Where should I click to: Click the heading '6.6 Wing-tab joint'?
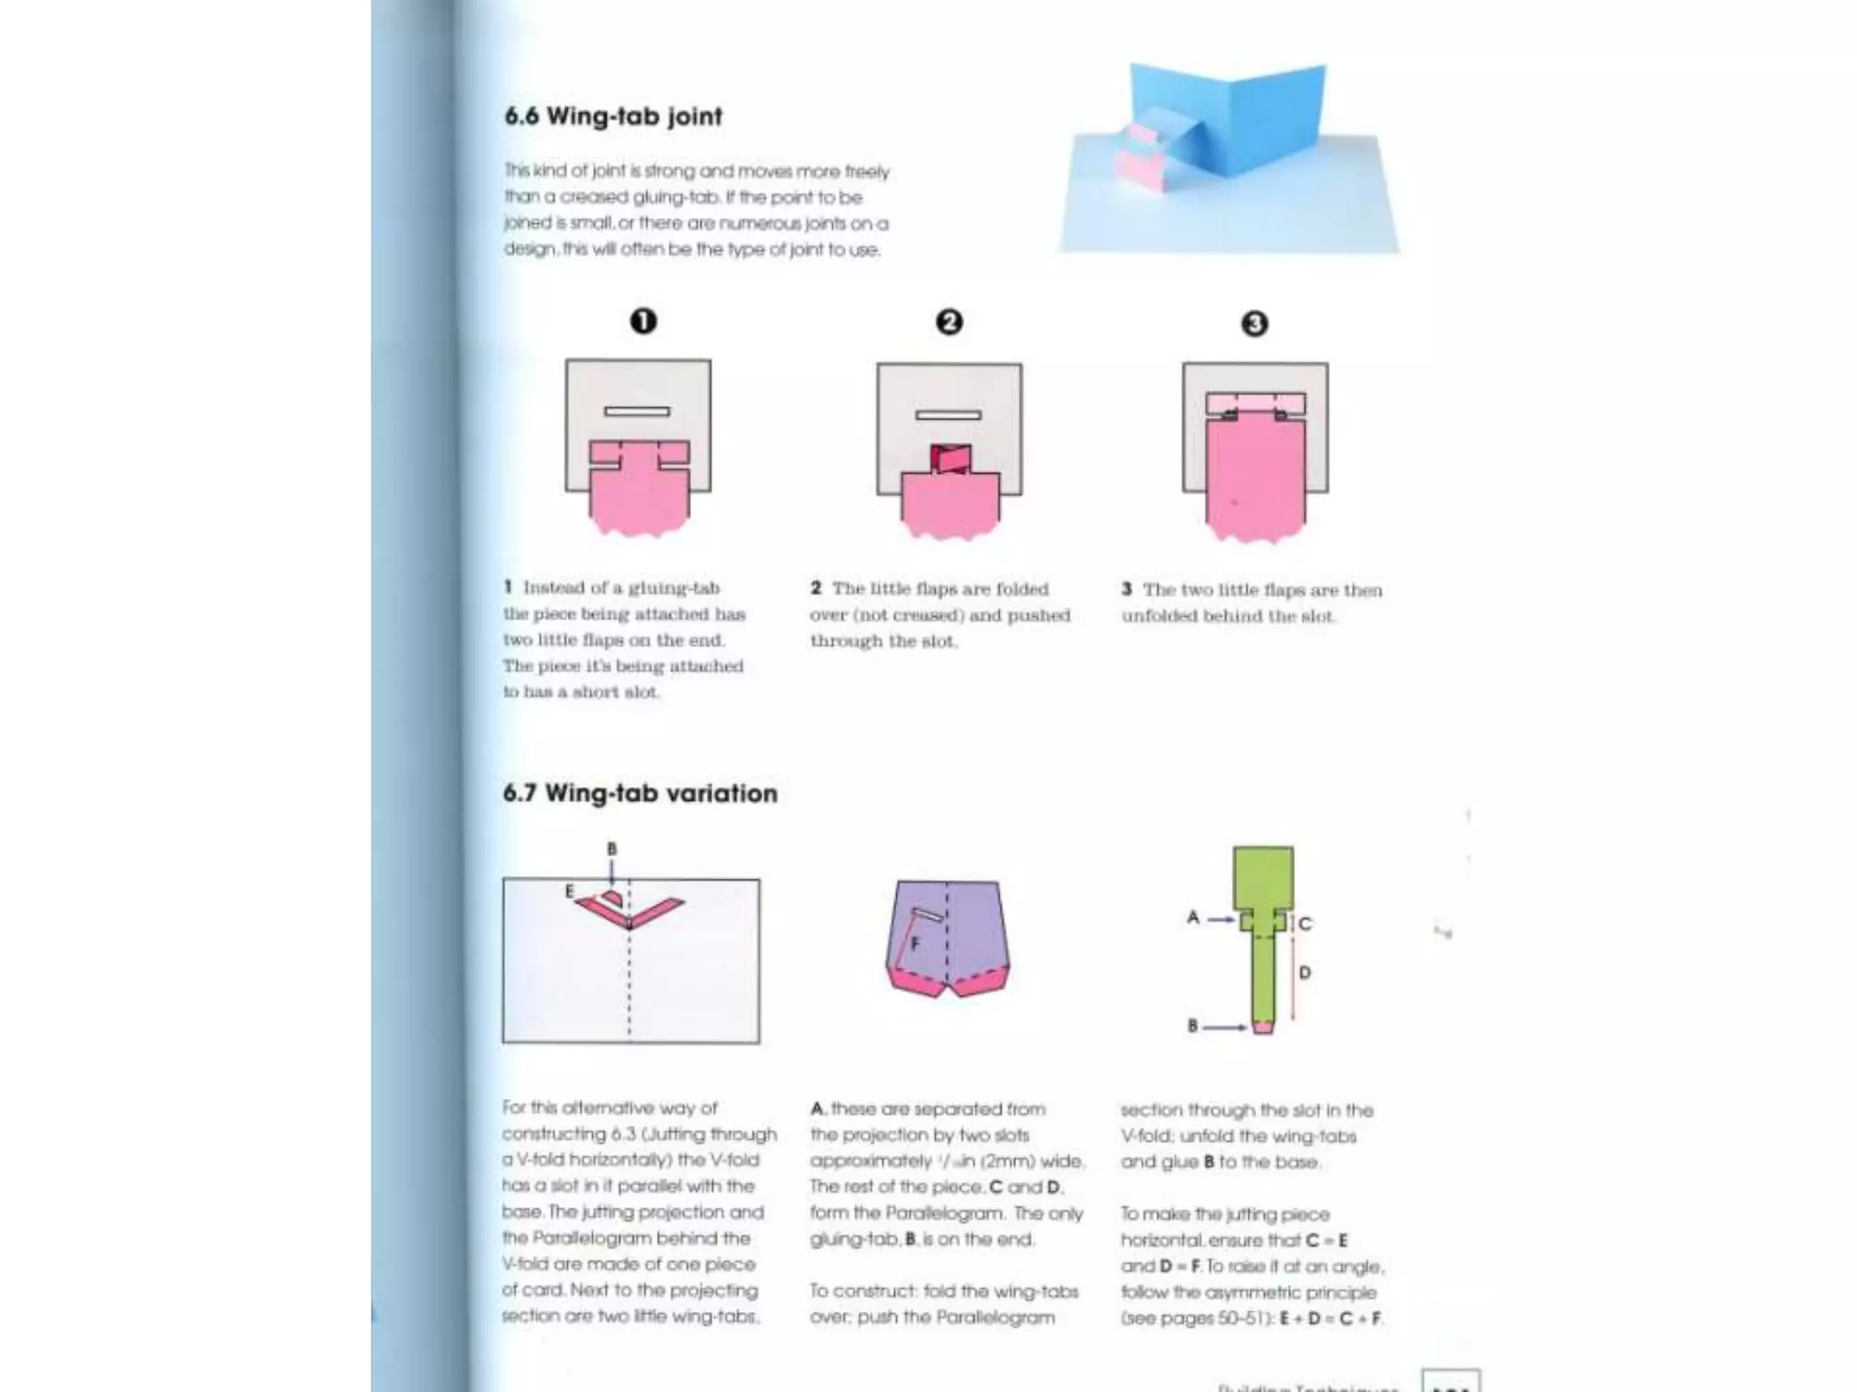click(613, 117)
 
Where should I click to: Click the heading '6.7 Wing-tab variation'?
click(640, 793)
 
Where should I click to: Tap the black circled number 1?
click(643, 321)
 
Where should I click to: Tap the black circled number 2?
click(948, 322)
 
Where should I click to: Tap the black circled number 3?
click(1254, 324)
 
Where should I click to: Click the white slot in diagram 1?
click(637, 411)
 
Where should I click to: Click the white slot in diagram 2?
click(948, 415)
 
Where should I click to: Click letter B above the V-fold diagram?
click(612, 849)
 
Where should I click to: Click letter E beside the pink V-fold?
click(569, 892)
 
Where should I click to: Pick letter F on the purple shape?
click(915, 943)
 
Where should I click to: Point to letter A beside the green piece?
click(1193, 917)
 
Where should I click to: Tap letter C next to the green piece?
click(1305, 923)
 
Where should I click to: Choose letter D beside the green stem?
click(1305, 972)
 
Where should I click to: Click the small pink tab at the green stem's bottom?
click(1262, 1027)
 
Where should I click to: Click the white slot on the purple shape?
click(928, 914)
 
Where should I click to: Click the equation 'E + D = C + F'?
click(1330, 1318)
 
